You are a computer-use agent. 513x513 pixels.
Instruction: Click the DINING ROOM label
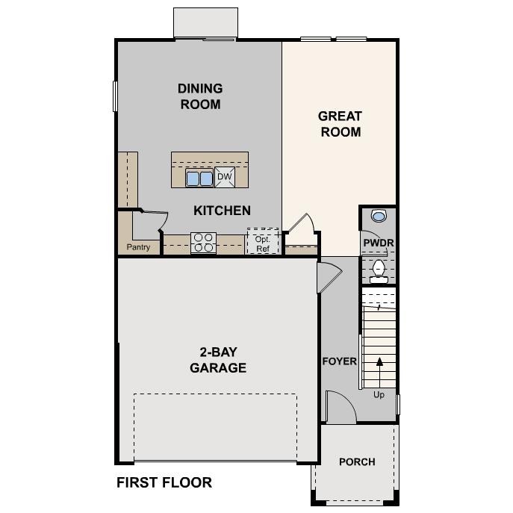200,96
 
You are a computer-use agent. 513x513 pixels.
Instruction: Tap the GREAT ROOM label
340,124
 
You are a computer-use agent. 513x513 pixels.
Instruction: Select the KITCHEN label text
222,211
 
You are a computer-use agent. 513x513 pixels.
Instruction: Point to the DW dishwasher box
225,177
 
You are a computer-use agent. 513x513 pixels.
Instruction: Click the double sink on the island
199,178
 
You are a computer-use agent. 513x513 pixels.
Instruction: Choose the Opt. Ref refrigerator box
262,242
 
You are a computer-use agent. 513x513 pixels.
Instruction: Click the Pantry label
138,247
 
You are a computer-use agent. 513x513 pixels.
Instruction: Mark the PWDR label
378,243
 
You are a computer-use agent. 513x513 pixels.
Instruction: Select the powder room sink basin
379,217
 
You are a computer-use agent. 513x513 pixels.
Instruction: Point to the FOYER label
339,361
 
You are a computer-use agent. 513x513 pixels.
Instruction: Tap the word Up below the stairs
379,395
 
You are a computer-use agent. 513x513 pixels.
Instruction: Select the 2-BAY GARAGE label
217,360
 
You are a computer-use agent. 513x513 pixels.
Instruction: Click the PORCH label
357,462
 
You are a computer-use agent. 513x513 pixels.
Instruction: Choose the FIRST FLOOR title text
164,483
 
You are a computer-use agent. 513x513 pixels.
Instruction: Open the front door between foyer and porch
338,408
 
